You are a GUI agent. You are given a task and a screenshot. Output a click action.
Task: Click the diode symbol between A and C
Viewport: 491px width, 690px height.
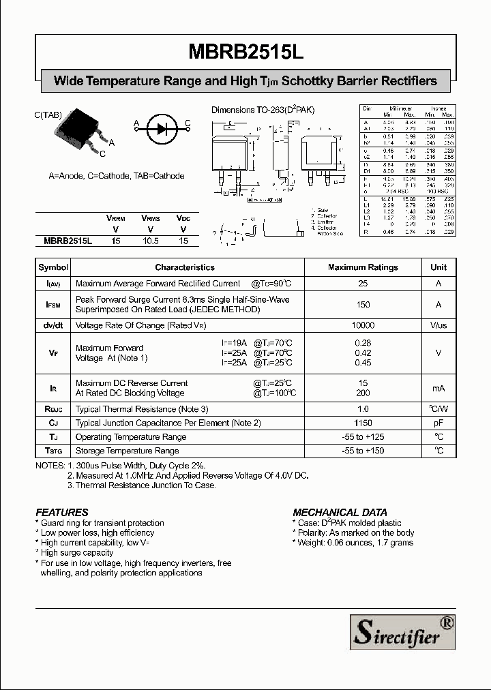tap(161, 125)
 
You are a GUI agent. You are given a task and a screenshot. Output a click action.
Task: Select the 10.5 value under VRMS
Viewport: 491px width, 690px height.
tap(150, 241)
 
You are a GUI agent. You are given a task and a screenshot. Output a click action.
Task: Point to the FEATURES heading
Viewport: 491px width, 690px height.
tap(62, 512)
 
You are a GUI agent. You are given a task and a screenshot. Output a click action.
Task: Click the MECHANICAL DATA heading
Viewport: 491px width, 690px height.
tap(340, 512)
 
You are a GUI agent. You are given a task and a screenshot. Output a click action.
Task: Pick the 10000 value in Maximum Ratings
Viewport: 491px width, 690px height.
tap(363, 326)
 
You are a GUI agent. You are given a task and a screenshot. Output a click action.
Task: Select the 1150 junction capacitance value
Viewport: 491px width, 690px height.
tap(363, 423)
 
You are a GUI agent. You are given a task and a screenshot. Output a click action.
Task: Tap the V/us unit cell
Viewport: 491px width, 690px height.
tap(438, 326)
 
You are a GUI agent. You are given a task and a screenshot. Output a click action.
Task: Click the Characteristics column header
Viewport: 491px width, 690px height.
tap(184, 267)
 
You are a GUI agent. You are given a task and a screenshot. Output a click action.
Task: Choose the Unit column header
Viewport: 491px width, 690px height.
tap(438, 267)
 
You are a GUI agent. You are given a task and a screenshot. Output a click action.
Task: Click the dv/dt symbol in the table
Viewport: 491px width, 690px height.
tap(53, 326)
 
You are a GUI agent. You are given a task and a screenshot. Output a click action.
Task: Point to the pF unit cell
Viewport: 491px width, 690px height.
tap(438, 423)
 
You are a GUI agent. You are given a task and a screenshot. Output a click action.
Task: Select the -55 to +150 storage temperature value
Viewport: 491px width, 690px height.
tap(363, 451)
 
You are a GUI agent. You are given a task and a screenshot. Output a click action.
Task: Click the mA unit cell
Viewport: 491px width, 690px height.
tap(438, 388)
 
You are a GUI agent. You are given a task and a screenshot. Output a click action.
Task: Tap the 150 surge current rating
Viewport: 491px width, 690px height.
tap(363, 305)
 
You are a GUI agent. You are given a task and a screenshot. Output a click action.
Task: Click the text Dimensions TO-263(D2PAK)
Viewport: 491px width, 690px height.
tap(263, 110)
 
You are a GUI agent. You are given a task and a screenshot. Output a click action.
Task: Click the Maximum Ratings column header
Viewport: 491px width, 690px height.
tap(363, 267)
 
